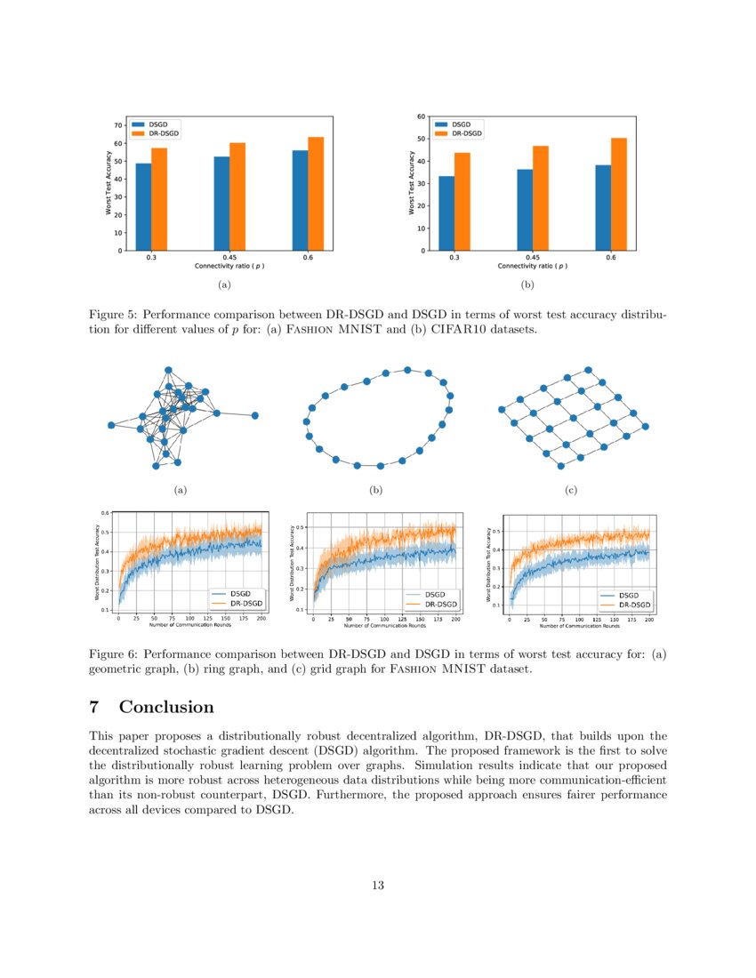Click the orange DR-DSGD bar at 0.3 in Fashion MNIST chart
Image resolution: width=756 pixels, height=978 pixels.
(x=159, y=199)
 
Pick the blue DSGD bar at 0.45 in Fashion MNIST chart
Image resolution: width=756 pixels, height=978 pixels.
(x=221, y=204)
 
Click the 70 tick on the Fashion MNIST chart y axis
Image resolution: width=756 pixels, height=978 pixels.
(x=117, y=125)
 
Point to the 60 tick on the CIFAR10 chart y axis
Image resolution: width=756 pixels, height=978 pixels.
(x=420, y=116)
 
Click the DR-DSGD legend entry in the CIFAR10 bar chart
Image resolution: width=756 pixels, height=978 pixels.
(x=466, y=133)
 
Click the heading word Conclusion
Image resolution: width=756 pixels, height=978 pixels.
(x=166, y=708)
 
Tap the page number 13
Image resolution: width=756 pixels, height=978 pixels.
(x=378, y=885)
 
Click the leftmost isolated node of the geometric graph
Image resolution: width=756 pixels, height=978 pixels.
(x=111, y=425)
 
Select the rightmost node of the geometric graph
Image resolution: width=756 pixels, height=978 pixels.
(x=254, y=415)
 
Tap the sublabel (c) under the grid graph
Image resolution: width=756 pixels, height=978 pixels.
(x=570, y=490)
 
